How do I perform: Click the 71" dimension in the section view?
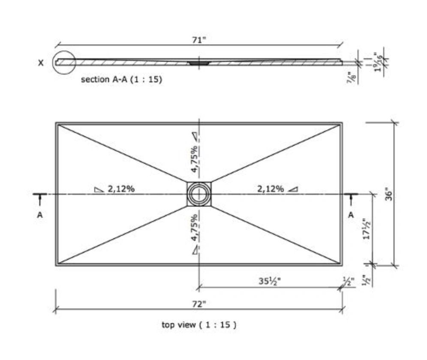(x=199, y=40)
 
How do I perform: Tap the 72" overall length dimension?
(x=199, y=304)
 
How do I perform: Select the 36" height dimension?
(x=389, y=195)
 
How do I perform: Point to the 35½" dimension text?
(x=269, y=282)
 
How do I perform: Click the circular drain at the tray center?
(x=199, y=194)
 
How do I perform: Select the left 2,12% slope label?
(x=121, y=189)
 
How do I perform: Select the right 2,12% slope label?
(x=270, y=189)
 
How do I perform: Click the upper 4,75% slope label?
(x=194, y=159)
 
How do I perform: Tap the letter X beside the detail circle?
(x=41, y=63)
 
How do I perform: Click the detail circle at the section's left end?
(x=64, y=63)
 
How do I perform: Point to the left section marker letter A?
(x=40, y=215)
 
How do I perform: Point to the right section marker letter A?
(x=351, y=215)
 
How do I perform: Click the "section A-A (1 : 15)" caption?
(x=122, y=80)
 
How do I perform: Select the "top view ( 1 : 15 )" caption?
(x=199, y=325)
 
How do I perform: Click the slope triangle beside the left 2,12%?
(x=99, y=189)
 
